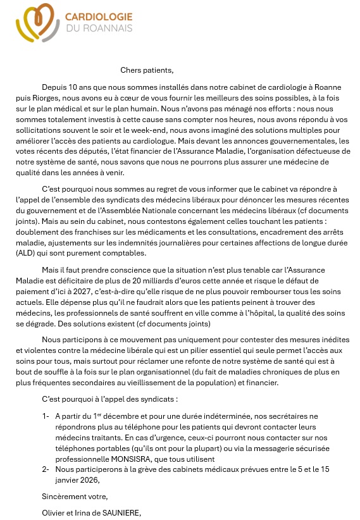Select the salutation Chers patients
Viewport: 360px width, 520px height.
tap(146, 70)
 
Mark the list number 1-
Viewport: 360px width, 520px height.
tap(46, 416)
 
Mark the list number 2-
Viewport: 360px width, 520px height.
tap(46, 469)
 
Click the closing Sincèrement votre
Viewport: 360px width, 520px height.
tap(75, 497)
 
